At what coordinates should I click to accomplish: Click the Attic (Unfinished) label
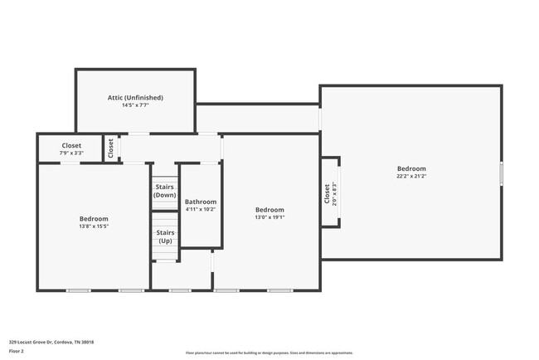click(x=135, y=97)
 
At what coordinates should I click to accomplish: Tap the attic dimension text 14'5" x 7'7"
click(x=135, y=105)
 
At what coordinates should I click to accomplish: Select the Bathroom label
click(x=201, y=202)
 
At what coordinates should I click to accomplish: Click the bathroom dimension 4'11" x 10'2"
click(x=201, y=210)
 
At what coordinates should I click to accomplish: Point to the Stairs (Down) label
click(x=165, y=191)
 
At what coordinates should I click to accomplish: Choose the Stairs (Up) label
click(x=165, y=236)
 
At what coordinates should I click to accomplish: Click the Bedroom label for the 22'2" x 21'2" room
click(x=411, y=168)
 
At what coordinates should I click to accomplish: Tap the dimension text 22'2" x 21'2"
click(x=411, y=176)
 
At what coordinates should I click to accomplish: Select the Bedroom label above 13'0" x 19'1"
click(x=269, y=210)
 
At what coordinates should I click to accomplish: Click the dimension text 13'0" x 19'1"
click(x=269, y=218)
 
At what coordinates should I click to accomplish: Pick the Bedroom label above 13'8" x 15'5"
click(x=94, y=218)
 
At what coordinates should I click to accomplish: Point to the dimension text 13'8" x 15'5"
click(x=94, y=226)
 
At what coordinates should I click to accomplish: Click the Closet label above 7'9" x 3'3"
click(x=70, y=145)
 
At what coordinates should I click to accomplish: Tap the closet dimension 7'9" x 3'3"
click(x=70, y=153)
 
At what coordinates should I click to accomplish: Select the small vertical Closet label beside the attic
click(x=110, y=148)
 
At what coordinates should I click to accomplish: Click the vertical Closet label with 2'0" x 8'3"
click(x=328, y=195)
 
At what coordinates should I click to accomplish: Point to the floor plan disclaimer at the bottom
click(x=269, y=353)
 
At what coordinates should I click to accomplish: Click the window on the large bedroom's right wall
click(x=501, y=173)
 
